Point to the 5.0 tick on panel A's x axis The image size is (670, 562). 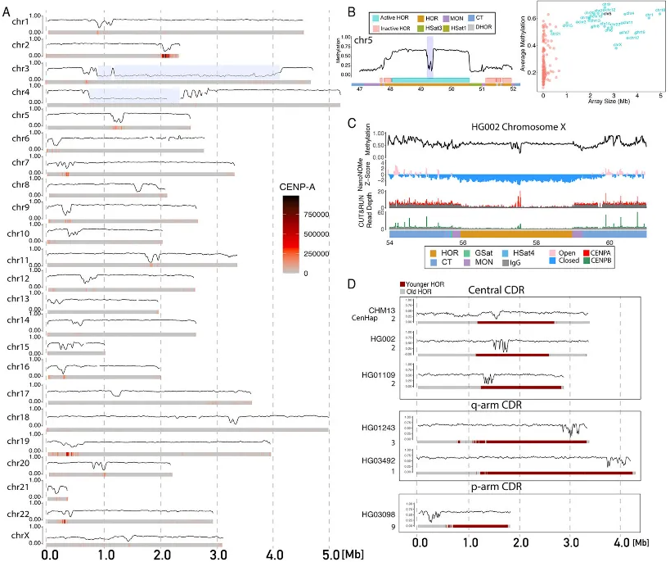tap(328, 554)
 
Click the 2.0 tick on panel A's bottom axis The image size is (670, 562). tap(160, 554)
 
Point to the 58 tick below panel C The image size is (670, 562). tap(535, 243)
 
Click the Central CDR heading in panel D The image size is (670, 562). tap(514, 289)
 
